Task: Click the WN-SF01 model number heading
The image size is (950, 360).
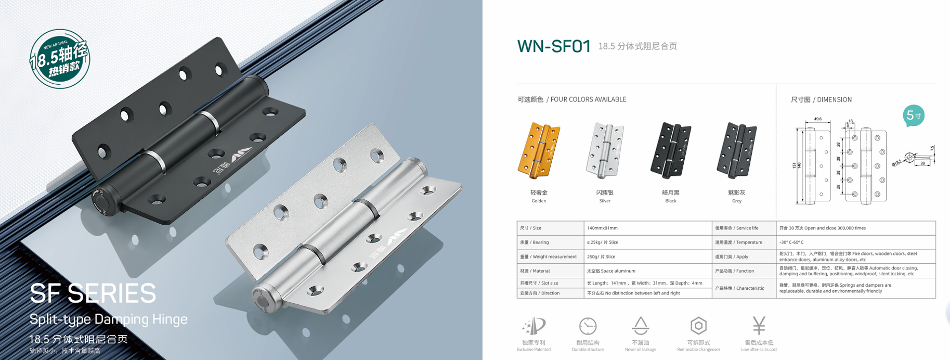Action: [554, 46]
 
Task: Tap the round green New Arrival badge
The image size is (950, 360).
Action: [60, 59]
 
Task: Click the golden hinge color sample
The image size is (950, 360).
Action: [539, 150]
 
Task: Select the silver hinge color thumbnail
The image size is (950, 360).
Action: [604, 150]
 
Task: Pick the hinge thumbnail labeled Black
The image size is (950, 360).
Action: [670, 150]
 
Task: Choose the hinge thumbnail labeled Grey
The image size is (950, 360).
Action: [736, 150]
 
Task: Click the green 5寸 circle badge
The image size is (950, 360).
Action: [914, 115]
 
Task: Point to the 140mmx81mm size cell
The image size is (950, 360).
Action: [602, 228]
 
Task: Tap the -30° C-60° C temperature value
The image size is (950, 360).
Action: [791, 242]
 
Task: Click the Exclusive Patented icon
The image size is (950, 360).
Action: [534, 326]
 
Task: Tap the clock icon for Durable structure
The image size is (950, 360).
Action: [588, 326]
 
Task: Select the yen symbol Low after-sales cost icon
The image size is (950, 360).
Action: [759, 326]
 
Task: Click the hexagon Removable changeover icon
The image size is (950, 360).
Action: [698, 326]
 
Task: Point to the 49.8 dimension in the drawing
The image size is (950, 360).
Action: [818, 119]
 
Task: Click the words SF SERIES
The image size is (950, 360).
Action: [93, 293]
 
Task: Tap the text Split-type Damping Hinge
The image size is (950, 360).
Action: [108, 319]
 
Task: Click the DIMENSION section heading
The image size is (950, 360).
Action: [821, 99]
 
